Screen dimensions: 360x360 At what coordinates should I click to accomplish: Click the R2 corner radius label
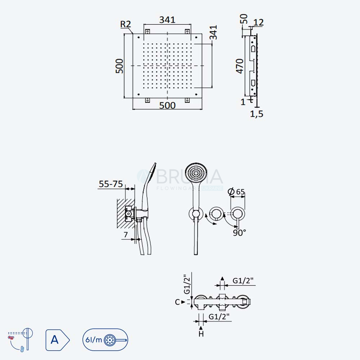126,24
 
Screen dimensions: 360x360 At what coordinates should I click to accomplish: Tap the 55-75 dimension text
111,184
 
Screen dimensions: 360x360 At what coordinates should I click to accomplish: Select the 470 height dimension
240,66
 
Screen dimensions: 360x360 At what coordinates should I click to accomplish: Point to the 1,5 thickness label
257,114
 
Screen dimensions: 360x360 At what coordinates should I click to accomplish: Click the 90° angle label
239,233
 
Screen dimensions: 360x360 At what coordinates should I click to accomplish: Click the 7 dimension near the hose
126,235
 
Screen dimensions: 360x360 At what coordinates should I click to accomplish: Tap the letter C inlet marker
177,302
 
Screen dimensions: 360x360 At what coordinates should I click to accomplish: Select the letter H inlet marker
201,334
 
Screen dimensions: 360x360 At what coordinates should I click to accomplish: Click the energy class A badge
57,340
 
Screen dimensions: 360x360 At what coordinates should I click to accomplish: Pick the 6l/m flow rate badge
105,340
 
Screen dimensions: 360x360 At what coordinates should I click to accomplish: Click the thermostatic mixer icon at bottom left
21,339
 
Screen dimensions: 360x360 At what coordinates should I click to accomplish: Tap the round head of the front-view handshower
196,172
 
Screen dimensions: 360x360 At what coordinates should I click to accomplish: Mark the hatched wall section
126,213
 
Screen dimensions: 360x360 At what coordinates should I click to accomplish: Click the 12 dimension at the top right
258,22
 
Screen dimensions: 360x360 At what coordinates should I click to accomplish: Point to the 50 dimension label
244,19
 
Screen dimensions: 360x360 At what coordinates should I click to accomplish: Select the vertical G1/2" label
187,284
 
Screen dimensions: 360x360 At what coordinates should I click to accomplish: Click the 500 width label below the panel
167,105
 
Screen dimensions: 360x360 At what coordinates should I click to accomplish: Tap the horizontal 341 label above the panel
167,20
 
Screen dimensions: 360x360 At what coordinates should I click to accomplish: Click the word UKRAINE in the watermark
213,188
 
